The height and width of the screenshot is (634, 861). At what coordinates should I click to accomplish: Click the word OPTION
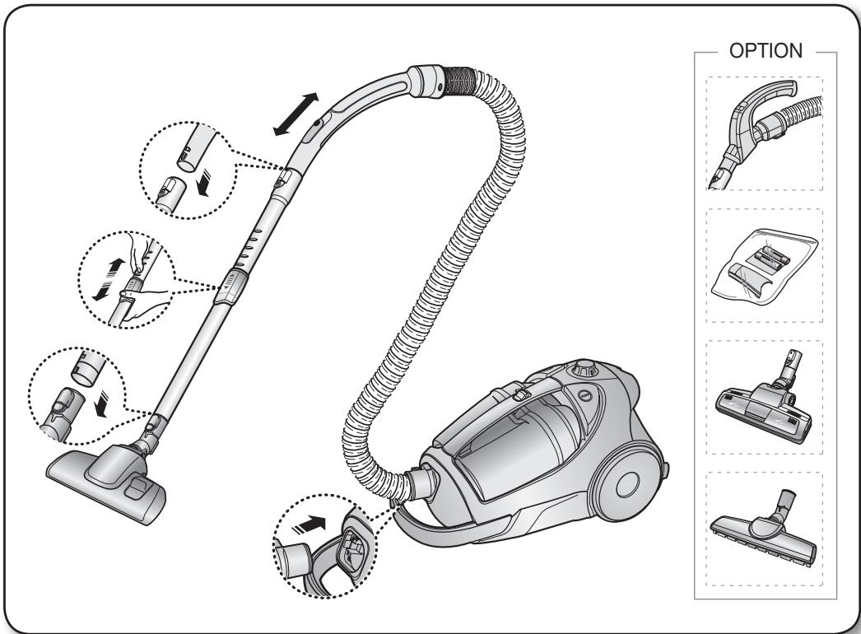(763, 52)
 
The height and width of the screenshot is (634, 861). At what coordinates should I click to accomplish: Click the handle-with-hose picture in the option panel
(763, 133)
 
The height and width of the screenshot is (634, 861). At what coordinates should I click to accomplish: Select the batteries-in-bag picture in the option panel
(763, 266)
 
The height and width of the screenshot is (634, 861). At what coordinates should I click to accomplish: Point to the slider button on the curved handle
(317, 124)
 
